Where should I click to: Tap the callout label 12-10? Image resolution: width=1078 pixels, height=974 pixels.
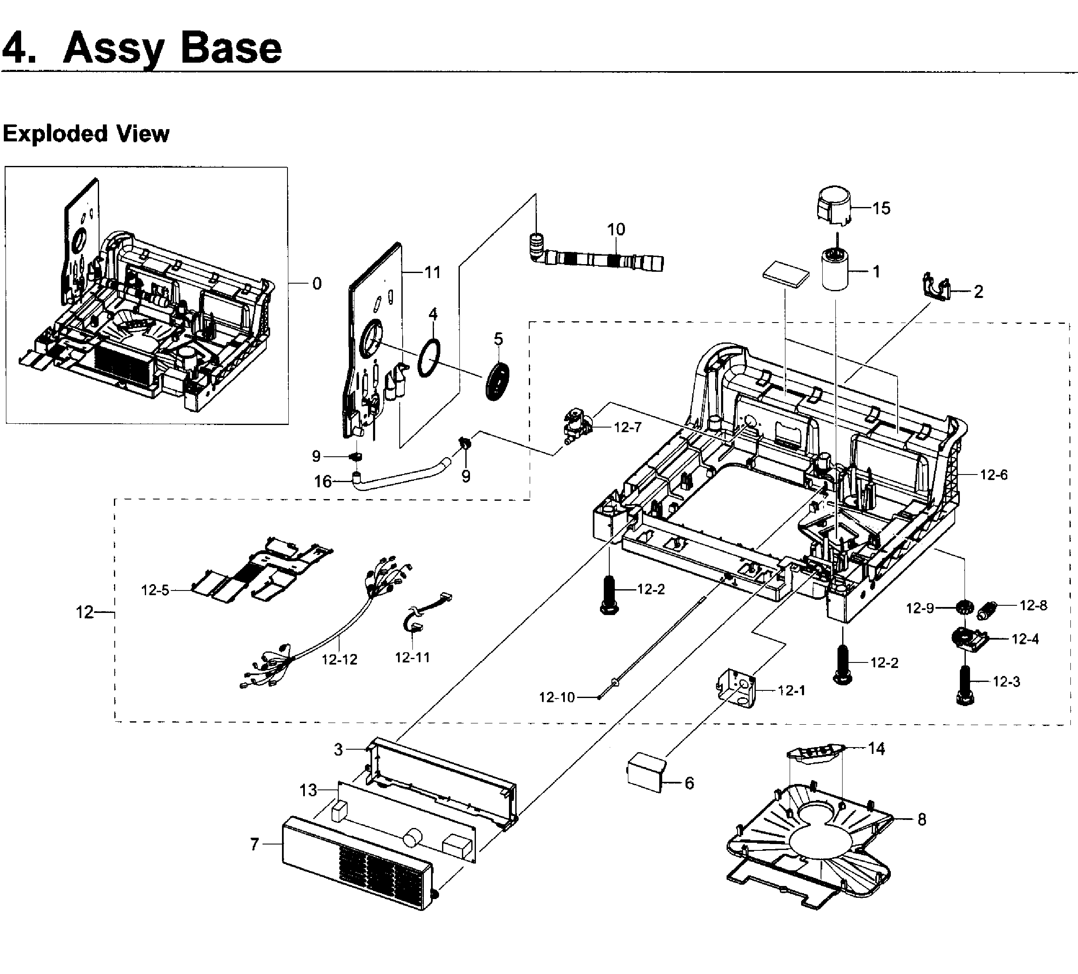tap(557, 697)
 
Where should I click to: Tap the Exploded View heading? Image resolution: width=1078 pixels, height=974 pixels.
tap(86, 134)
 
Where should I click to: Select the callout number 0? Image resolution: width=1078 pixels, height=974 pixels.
tap(317, 283)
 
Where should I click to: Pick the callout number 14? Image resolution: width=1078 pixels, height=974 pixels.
tap(876, 748)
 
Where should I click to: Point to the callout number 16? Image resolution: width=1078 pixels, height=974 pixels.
tap(323, 482)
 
